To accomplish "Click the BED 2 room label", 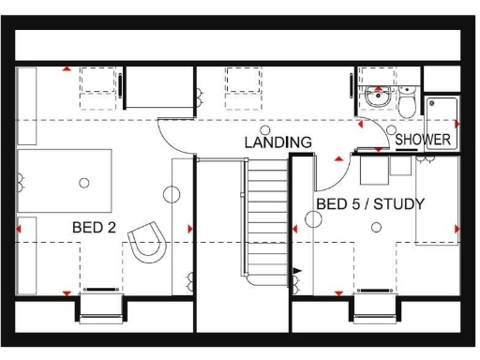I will click(94, 228).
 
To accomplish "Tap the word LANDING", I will click(278, 142).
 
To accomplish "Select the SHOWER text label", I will click(423, 140).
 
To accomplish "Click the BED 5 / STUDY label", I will click(370, 203).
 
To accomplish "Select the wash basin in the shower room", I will click(379, 96).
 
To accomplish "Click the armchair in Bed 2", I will click(148, 243).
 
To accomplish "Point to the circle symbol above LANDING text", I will click(265, 129).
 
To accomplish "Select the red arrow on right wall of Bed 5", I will click(457, 229).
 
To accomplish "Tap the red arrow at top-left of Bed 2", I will click(66, 68).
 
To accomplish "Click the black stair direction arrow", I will click(298, 271).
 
